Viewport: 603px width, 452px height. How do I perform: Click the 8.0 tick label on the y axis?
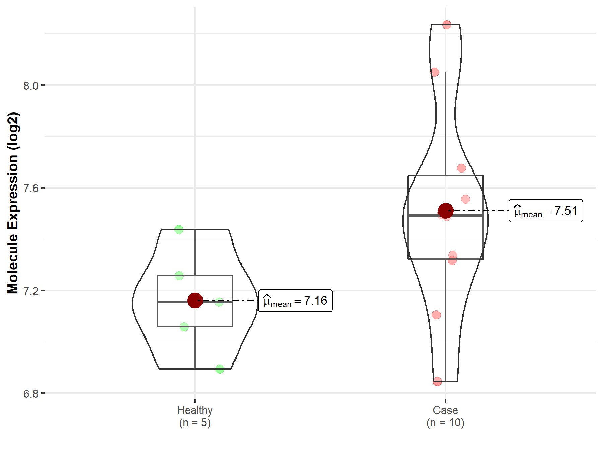click(31, 86)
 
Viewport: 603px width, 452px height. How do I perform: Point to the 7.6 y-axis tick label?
click(31, 188)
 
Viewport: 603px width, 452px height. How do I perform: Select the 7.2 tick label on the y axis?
click(31, 291)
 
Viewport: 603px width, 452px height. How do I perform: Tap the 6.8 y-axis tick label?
click(31, 394)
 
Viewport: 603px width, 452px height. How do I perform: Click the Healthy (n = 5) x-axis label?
click(195, 416)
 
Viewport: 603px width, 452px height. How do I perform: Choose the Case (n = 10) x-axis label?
click(445, 416)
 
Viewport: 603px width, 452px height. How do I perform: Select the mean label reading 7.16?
click(295, 301)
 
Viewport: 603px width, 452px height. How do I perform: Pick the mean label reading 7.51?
click(546, 211)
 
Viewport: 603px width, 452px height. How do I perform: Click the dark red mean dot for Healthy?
click(195, 300)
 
